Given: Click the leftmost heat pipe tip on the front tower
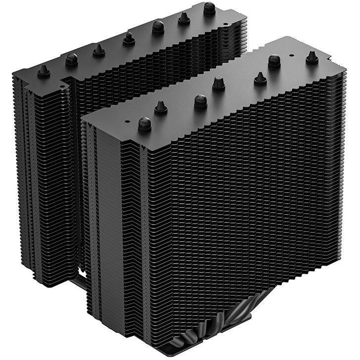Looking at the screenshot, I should point(144,124).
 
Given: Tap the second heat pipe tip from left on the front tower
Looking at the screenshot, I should point(161,107).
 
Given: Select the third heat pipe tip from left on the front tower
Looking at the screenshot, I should point(200,101).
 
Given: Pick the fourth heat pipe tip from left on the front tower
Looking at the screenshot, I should point(219,83).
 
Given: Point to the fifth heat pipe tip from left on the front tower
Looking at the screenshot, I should point(261,78).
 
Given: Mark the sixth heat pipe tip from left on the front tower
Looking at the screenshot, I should point(274,61).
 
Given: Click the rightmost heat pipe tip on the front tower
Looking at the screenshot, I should point(312,57).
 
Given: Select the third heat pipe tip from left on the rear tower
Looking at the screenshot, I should point(98,50).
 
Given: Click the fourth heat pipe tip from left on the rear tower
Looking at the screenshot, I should point(129,38).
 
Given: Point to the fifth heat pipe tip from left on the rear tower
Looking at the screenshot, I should point(158,27).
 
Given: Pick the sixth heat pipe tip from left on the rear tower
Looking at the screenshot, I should point(184,19).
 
